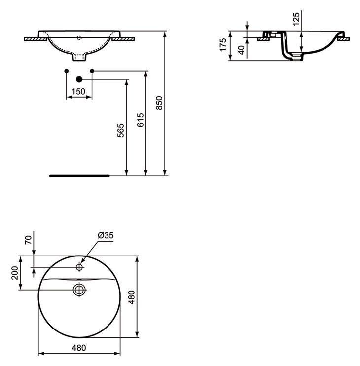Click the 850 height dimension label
(159, 103)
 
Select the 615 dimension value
(140, 120)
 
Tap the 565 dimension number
(121, 131)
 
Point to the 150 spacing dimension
(78, 92)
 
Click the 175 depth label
(223, 45)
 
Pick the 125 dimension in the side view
(296, 19)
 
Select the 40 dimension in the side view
(241, 50)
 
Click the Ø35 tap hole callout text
(106, 235)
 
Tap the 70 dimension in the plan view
(28, 240)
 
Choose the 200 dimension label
(15, 273)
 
